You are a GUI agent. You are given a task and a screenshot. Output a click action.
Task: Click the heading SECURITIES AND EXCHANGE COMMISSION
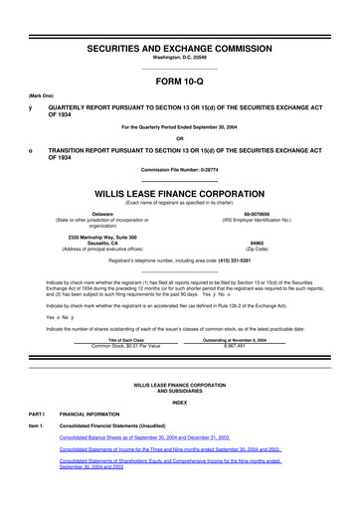pos(179,21)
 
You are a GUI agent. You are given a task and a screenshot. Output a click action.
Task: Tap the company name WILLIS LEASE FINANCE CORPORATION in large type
pos(179,185)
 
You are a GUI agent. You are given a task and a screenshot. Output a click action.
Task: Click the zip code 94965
pos(270,240)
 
